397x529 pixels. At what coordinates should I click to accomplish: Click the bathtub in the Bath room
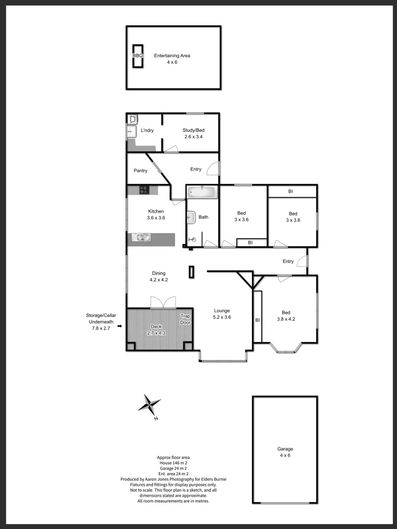[x=201, y=192]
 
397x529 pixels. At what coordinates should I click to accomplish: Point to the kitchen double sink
[x=143, y=239]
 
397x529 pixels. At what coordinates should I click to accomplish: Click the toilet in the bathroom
[x=192, y=240]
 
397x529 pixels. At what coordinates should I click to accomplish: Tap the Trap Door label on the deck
[x=185, y=319]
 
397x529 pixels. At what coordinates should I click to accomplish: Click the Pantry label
[x=141, y=171]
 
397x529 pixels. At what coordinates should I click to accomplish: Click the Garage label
[x=285, y=449]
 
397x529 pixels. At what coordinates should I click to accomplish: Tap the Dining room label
[x=158, y=273]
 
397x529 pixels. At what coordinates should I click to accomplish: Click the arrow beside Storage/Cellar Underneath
[x=120, y=325]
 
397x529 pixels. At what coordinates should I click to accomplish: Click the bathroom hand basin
[x=191, y=217]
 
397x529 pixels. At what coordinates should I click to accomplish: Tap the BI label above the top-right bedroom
[x=291, y=191]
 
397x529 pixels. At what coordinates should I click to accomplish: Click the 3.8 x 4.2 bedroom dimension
[x=286, y=319]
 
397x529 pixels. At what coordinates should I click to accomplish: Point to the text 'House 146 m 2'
[x=174, y=462]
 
